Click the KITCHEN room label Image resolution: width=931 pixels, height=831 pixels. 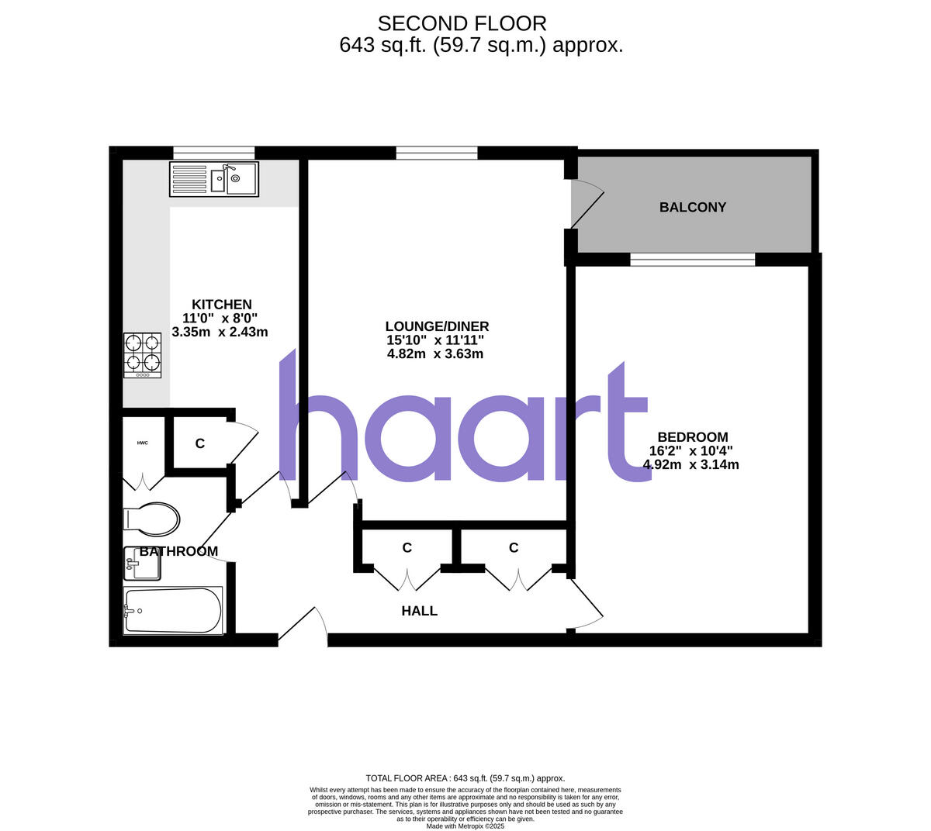[x=222, y=305]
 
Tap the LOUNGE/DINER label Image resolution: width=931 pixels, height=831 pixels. [x=437, y=326]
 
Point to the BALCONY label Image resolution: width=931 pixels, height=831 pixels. [x=693, y=207]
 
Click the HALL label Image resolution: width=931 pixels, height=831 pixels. [x=419, y=611]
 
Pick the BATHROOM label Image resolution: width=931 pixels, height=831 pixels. [x=178, y=551]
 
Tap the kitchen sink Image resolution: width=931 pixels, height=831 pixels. [x=214, y=179]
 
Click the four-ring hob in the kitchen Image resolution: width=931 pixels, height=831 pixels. [x=143, y=355]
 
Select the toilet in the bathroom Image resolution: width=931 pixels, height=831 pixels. [x=152, y=519]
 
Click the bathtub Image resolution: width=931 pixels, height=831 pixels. [x=173, y=610]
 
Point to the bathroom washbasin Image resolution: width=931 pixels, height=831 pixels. [x=142, y=564]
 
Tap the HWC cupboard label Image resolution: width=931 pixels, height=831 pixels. [x=142, y=443]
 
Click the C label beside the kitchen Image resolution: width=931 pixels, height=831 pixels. [x=199, y=443]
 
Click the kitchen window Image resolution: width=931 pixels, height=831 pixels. [x=213, y=153]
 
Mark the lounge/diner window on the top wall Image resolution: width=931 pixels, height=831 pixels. [x=437, y=153]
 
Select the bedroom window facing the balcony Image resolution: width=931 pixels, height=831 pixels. [x=692, y=260]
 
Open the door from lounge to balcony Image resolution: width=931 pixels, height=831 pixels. [x=586, y=205]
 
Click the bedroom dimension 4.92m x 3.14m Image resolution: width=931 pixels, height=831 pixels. [x=690, y=465]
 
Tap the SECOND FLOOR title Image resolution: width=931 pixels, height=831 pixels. [x=462, y=23]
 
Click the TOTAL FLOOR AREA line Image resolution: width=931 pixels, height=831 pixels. [x=465, y=778]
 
